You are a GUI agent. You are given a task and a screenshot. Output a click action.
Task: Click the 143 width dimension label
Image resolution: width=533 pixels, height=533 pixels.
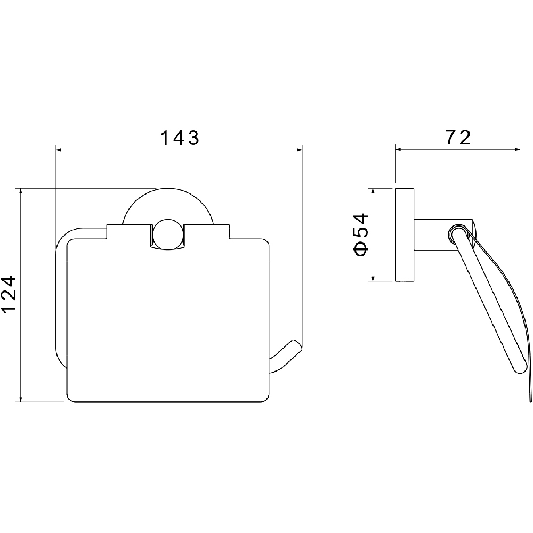click(180, 138)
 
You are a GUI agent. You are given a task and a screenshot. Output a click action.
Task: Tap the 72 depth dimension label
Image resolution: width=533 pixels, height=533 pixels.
click(458, 137)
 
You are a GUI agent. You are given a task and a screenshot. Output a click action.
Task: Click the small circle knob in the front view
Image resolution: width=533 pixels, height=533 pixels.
click(167, 235)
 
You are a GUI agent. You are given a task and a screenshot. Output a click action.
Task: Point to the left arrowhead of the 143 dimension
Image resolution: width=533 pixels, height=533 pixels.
click(58, 149)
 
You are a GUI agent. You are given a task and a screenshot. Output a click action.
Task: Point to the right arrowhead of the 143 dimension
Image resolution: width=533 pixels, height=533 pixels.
click(300, 149)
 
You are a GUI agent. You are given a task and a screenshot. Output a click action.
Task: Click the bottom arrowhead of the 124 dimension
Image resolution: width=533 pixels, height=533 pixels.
click(21, 399)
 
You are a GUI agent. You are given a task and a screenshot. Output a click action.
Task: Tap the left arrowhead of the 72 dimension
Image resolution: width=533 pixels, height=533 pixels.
click(398, 149)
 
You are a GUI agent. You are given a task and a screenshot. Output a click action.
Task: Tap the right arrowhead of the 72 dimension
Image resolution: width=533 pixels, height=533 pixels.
click(517, 149)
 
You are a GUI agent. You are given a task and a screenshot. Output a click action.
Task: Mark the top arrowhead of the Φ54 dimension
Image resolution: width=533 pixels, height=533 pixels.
click(373, 191)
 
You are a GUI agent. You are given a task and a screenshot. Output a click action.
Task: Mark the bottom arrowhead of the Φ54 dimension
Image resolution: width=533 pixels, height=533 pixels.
click(373, 279)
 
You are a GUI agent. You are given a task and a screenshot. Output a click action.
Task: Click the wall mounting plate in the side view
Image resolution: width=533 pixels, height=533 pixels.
click(405, 235)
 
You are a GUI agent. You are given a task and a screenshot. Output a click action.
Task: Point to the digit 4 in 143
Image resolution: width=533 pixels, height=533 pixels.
click(180, 138)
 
